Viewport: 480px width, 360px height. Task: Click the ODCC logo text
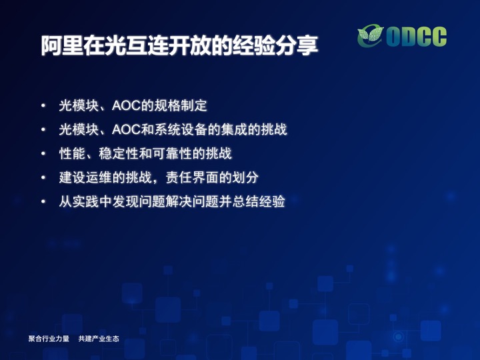coord(416,37)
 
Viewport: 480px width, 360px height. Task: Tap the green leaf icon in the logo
coord(371,36)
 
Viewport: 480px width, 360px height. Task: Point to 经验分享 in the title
coord(275,46)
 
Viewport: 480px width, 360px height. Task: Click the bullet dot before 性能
coord(43,153)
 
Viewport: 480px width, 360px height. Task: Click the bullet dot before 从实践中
coord(43,201)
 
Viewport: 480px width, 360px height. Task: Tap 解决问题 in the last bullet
coord(192,201)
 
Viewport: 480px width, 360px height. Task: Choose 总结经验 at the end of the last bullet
coord(259,201)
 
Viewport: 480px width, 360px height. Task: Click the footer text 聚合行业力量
coord(49,339)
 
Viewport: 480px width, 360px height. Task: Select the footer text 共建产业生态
coord(99,339)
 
